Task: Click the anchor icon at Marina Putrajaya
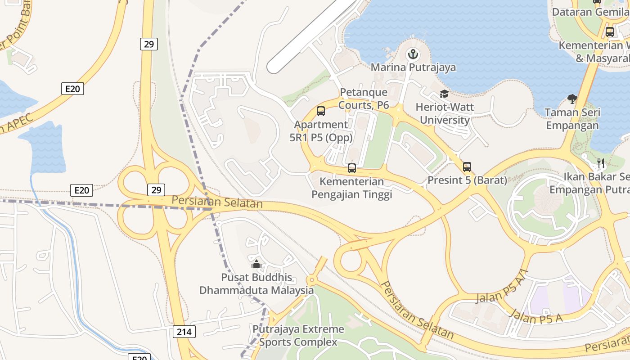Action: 413,55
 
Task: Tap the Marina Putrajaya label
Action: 413,67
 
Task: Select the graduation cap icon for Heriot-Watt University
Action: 444,94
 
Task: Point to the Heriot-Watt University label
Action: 445,114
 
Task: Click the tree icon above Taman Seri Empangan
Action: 572,99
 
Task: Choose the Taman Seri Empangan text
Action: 572,119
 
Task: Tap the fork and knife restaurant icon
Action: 601,162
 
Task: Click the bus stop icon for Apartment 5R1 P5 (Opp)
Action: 321,111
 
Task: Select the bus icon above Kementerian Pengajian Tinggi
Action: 352,168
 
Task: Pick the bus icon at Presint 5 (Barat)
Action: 467,167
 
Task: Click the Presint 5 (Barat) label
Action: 467,180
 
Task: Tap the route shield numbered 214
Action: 184,332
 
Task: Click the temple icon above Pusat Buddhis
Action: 256,264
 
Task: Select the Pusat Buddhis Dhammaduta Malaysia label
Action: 256,284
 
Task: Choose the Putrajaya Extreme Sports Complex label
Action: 298,336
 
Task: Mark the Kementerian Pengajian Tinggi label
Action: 352,188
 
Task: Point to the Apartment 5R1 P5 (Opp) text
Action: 321,131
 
